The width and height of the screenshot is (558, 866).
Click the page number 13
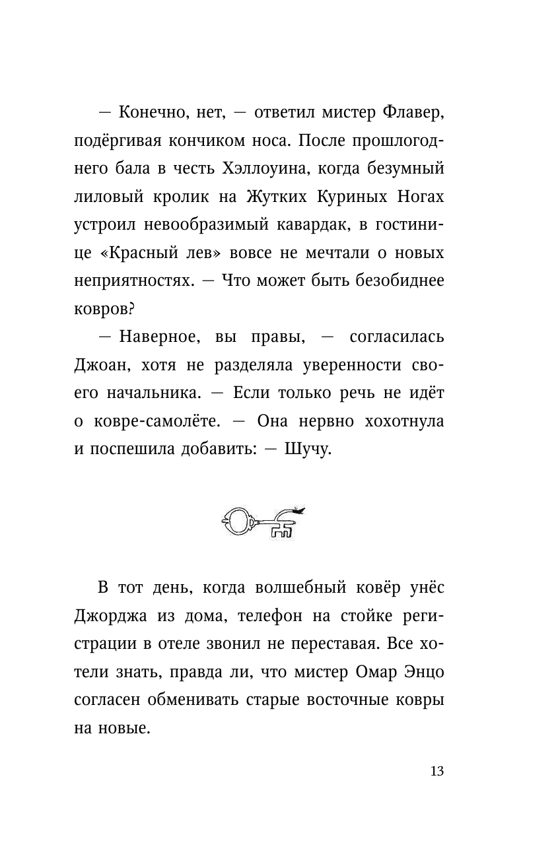point(436,772)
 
